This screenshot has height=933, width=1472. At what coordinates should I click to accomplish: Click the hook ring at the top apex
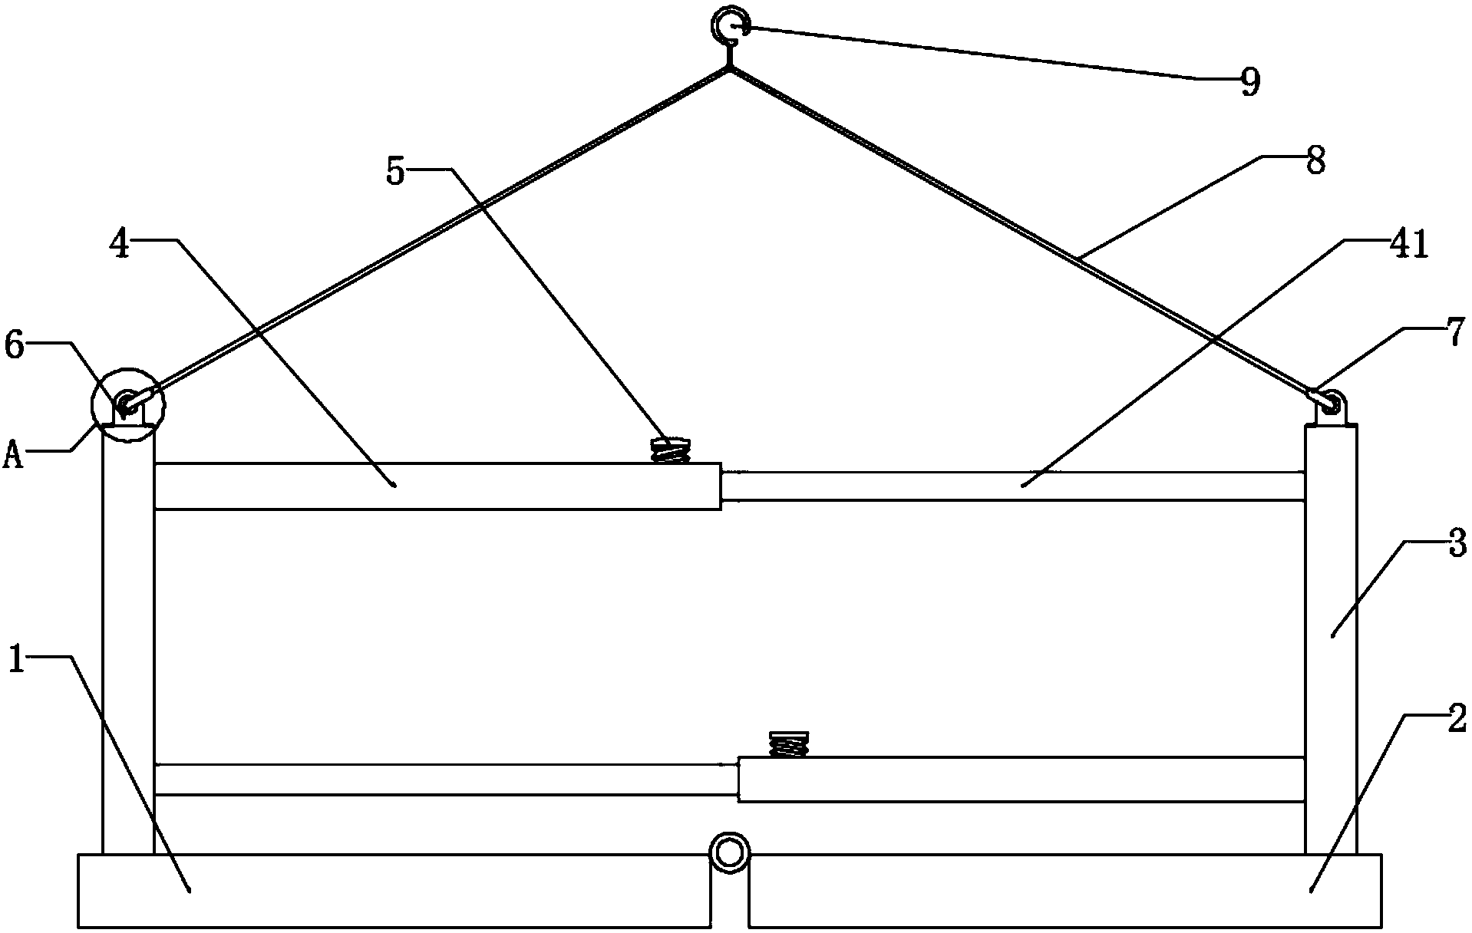pos(727,25)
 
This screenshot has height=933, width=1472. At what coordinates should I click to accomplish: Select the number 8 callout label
pos(1315,162)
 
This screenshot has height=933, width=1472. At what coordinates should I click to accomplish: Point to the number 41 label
pos(1408,246)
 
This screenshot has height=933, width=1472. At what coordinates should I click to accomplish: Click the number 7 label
pos(1454,335)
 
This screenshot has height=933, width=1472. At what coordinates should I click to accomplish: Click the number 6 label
pos(15,346)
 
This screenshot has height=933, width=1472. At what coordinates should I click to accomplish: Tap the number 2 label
pos(1457,720)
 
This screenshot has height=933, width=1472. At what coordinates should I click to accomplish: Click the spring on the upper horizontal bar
pos(670,450)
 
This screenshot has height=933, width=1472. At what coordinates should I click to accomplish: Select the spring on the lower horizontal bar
pos(788,743)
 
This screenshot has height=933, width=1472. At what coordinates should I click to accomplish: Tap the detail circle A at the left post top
pos(127,405)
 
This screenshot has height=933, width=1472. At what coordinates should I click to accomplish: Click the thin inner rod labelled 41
pos(1013,486)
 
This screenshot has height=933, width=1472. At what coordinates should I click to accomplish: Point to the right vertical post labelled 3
pos(1331,637)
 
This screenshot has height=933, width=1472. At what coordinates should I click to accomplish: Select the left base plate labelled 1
pos(391,891)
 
